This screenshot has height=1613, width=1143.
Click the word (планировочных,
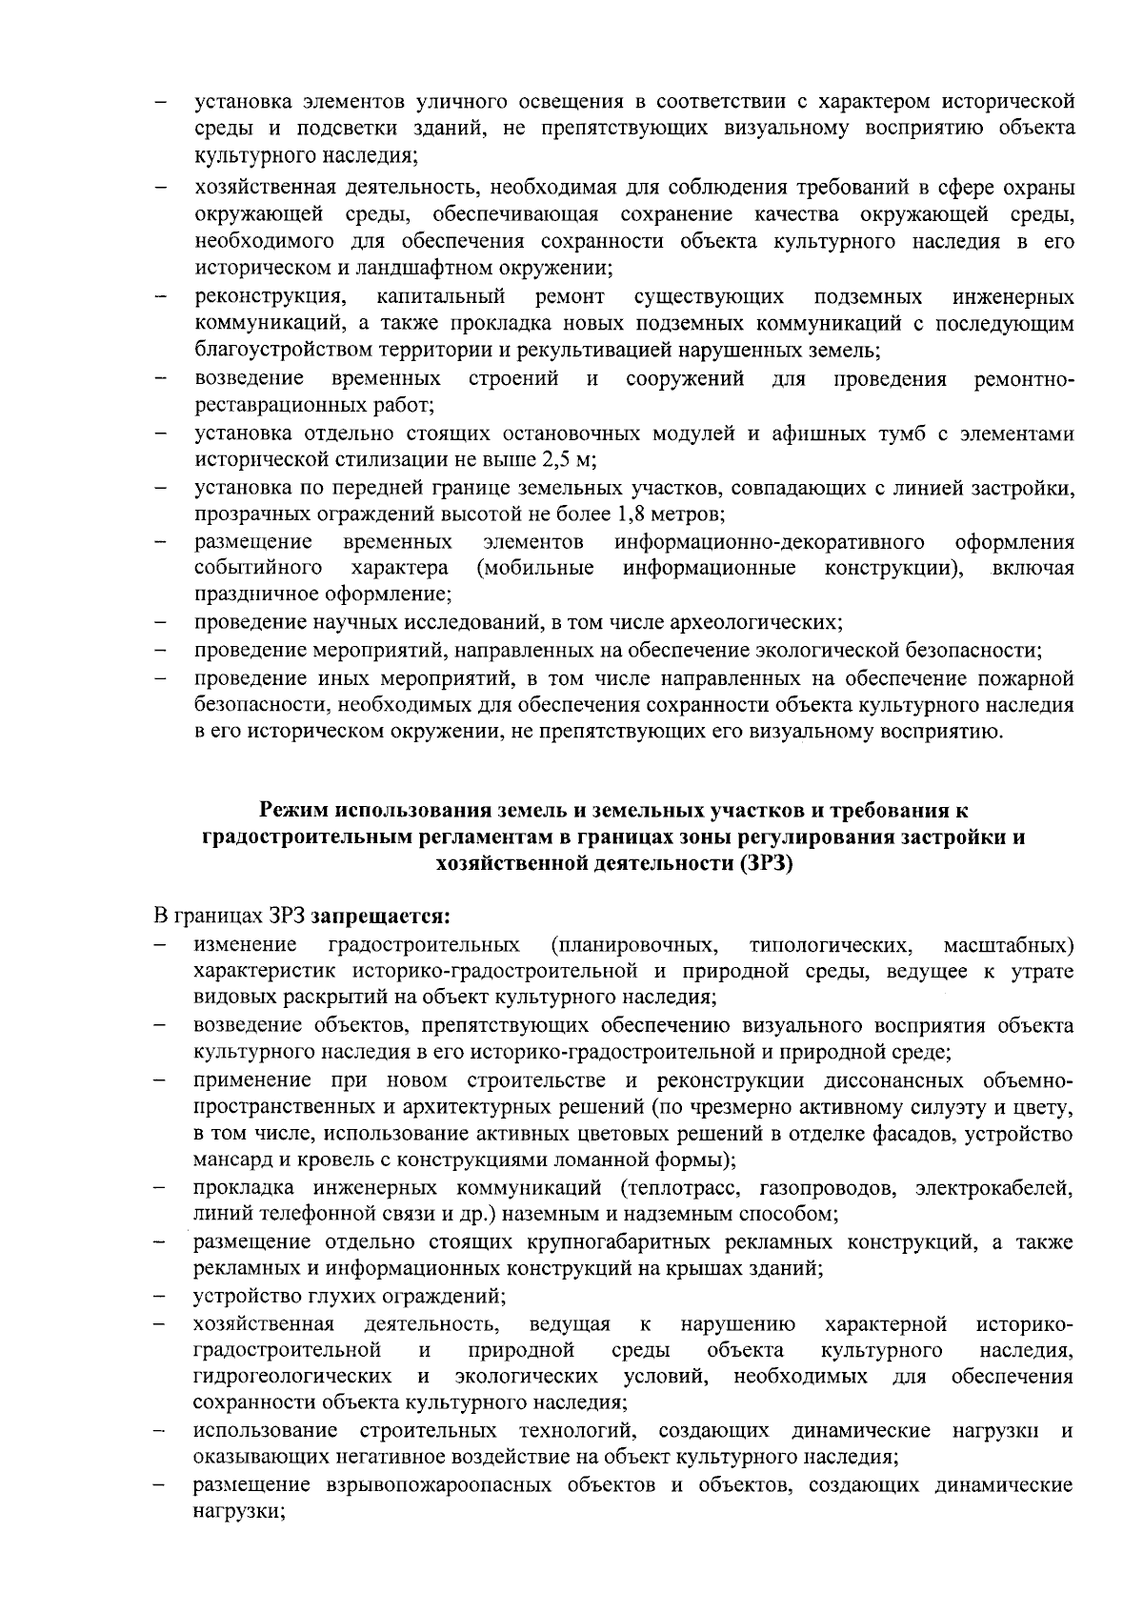pyautogui.click(x=635, y=945)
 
